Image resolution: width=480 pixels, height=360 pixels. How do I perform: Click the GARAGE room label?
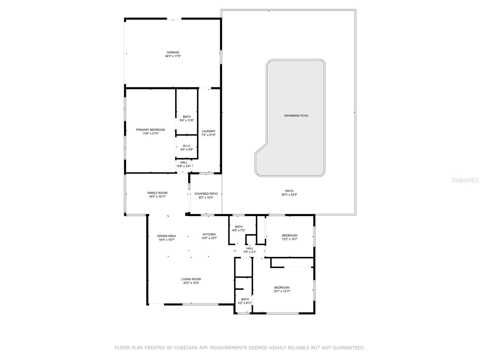(x=173, y=52)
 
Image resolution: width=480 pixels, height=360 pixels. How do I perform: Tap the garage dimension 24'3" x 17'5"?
(x=173, y=56)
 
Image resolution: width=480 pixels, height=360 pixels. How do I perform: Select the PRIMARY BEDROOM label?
(x=151, y=130)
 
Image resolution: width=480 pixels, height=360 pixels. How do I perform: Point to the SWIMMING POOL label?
(x=296, y=115)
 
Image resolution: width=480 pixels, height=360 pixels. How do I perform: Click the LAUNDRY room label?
(x=208, y=131)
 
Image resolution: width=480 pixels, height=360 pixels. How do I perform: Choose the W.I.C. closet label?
(x=187, y=146)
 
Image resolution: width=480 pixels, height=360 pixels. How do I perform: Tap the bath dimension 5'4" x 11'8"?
(x=187, y=120)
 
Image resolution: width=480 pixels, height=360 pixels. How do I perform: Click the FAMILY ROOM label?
(x=157, y=193)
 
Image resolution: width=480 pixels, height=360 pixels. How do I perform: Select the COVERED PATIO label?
(x=206, y=194)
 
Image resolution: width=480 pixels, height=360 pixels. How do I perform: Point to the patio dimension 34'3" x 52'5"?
(x=289, y=195)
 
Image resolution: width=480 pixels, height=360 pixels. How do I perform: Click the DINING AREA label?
(x=166, y=236)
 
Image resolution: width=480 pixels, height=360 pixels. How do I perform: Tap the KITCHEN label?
(x=209, y=235)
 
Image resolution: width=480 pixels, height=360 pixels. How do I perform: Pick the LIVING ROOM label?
(x=191, y=279)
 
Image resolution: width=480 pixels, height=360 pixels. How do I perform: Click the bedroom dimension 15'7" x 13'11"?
(x=282, y=291)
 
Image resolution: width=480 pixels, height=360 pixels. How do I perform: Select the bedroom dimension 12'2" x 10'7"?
(x=289, y=239)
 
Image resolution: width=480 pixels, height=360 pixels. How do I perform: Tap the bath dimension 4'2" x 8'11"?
(x=245, y=303)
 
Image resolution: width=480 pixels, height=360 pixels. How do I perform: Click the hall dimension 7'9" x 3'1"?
(x=250, y=252)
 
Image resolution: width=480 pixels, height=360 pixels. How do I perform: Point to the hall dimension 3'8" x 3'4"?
(x=184, y=166)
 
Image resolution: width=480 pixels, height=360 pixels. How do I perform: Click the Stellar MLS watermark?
(x=465, y=180)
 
